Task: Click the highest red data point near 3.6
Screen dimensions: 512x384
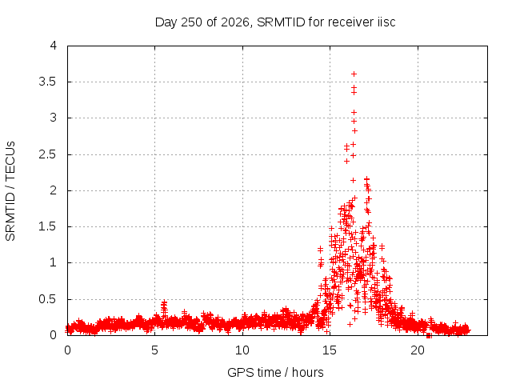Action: tap(354, 74)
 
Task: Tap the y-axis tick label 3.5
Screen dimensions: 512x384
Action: tap(48, 82)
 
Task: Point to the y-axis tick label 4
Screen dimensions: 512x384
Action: tap(54, 46)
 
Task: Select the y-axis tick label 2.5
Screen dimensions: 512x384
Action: tap(48, 154)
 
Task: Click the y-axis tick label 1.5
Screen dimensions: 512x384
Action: tap(48, 226)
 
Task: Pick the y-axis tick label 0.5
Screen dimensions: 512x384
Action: tap(48, 299)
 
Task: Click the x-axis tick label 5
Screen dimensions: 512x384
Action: tap(154, 350)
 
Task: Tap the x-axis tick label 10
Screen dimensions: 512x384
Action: tap(242, 350)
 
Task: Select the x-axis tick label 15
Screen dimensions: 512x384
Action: tap(330, 350)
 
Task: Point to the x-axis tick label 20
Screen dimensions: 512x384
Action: tap(418, 350)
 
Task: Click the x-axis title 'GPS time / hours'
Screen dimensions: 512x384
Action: tap(275, 372)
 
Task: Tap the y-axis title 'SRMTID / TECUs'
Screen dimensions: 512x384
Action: tap(10, 191)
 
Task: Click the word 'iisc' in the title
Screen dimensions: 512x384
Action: tap(386, 22)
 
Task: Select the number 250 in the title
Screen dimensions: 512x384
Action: tap(192, 22)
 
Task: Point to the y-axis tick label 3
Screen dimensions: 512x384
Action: tap(54, 118)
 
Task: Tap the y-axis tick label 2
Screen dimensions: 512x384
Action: tap(54, 190)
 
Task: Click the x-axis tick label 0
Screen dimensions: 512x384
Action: tap(67, 350)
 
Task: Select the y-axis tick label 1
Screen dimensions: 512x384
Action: tap(54, 262)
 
